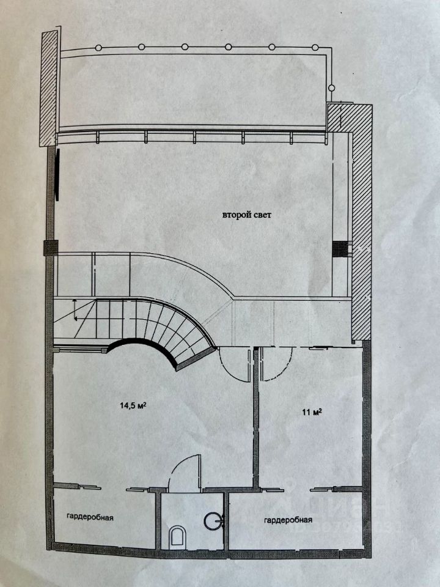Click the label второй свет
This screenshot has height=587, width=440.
(x=246, y=215)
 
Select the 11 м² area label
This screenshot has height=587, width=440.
(x=311, y=411)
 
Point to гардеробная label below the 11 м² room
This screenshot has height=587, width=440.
(x=288, y=520)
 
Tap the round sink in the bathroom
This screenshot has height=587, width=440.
(x=213, y=521)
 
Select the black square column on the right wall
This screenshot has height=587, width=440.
(x=338, y=248)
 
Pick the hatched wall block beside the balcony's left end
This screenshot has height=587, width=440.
(x=49, y=89)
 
